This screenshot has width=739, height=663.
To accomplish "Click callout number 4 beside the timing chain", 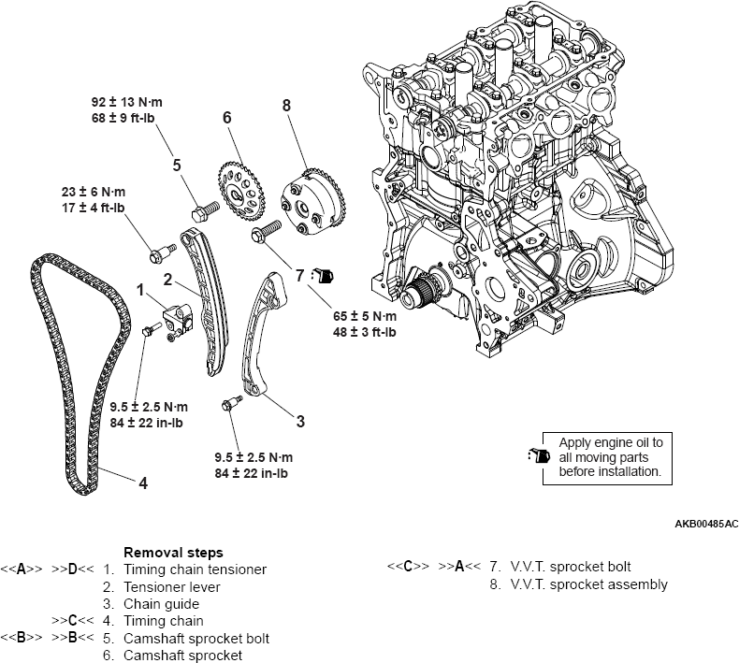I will coord(143,483).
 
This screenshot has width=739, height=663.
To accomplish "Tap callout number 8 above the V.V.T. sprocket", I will coord(286,106).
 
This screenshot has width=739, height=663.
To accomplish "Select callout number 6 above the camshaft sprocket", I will coord(226,118).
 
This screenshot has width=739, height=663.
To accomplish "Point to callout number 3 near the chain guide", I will coord(300,422).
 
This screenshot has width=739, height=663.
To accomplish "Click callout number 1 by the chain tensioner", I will coord(141,291).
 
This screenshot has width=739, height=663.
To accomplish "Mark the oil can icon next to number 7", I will coord(323,276).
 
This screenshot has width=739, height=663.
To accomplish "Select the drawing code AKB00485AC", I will coord(700,524).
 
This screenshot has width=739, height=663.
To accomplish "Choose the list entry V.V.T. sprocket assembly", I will coord(588,584).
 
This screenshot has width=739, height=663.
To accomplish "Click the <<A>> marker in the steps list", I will coord(18,569).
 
